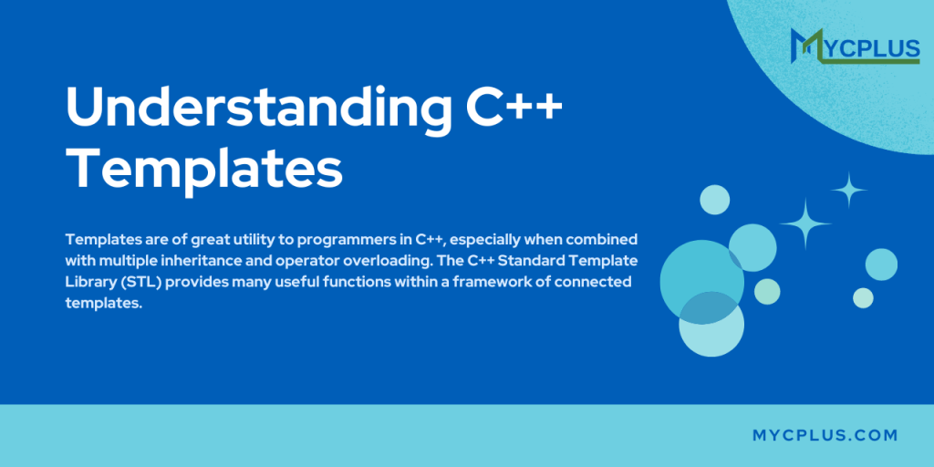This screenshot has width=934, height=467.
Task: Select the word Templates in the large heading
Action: (x=205, y=171)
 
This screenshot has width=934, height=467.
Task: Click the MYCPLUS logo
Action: (x=854, y=47)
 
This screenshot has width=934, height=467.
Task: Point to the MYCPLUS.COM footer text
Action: (x=825, y=436)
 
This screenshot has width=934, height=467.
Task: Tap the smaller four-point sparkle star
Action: (x=848, y=190)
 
